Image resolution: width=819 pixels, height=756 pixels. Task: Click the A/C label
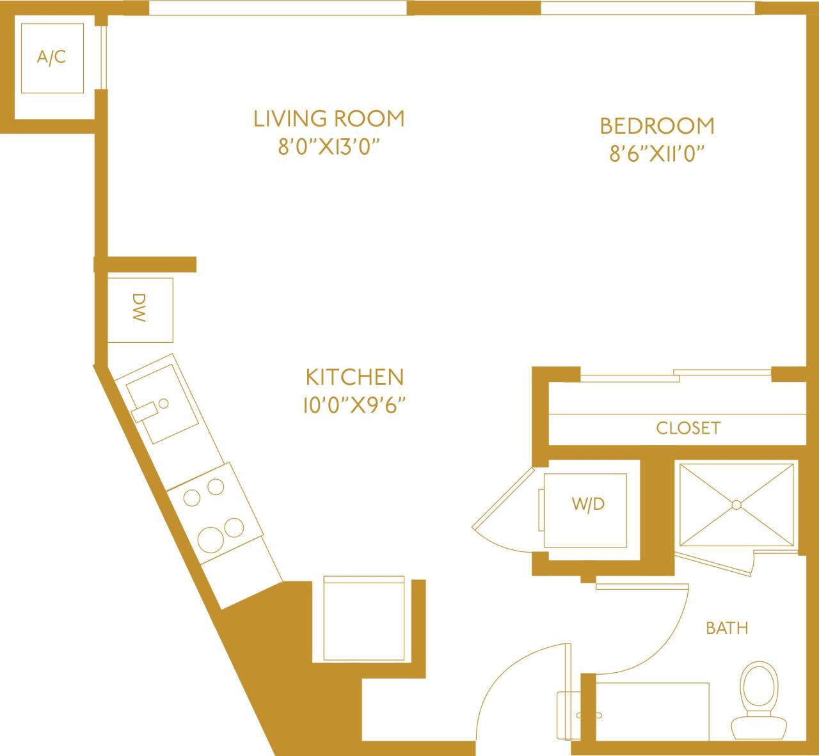[51, 58]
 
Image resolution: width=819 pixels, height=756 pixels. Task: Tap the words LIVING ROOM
[329, 119]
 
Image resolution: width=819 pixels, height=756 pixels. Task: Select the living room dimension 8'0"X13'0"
[329, 148]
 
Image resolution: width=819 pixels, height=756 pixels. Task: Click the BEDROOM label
[656, 126]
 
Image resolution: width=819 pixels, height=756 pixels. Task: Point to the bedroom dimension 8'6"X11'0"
[656, 155]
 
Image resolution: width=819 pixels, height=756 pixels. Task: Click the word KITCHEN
[354, 377]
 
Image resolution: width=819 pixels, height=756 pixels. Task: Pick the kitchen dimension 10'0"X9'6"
[354, 406]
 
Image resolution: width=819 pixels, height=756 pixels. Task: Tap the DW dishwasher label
[139, 308]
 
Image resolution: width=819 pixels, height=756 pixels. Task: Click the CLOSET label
[688, 428]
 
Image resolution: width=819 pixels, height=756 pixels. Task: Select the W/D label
[587, 504]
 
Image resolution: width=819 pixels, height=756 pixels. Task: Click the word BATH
[727, 628]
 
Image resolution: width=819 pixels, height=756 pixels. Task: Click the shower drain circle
[736, 505]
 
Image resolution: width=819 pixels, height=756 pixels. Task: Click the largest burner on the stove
[211, 540]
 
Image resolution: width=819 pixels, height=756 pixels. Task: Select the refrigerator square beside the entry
[363, 618]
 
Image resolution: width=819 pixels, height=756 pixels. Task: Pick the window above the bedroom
[648, 8]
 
